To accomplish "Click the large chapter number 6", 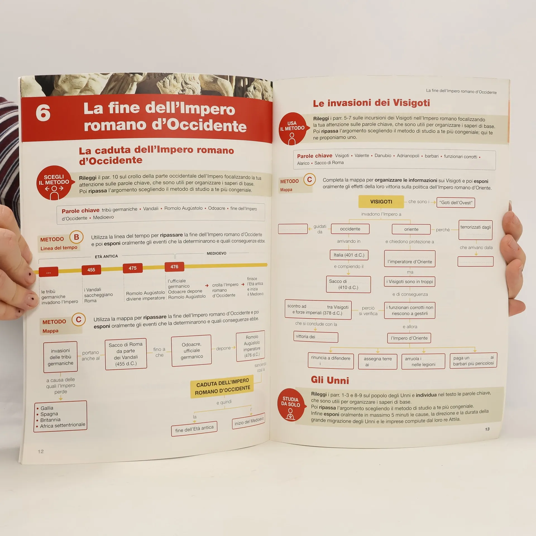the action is (43, 113).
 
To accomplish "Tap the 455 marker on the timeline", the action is (91, 270).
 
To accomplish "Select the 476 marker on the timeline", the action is (174, 267).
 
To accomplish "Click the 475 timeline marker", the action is (133, 268).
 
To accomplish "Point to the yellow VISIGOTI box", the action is (381, 202).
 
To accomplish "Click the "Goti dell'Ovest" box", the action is (456, 203).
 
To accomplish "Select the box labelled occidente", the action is (350, 229).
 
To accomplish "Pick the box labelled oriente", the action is (411, 229).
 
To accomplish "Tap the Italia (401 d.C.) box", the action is (349, 255).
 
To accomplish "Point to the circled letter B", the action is (76, 237).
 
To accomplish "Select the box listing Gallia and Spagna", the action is (60, 417).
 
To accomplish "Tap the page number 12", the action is (41, 451).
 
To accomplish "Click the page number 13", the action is (487, 429).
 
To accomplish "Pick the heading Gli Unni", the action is (330, 380).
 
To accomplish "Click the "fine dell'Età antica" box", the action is (194, 429).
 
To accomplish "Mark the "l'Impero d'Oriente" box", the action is (409, 338).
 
